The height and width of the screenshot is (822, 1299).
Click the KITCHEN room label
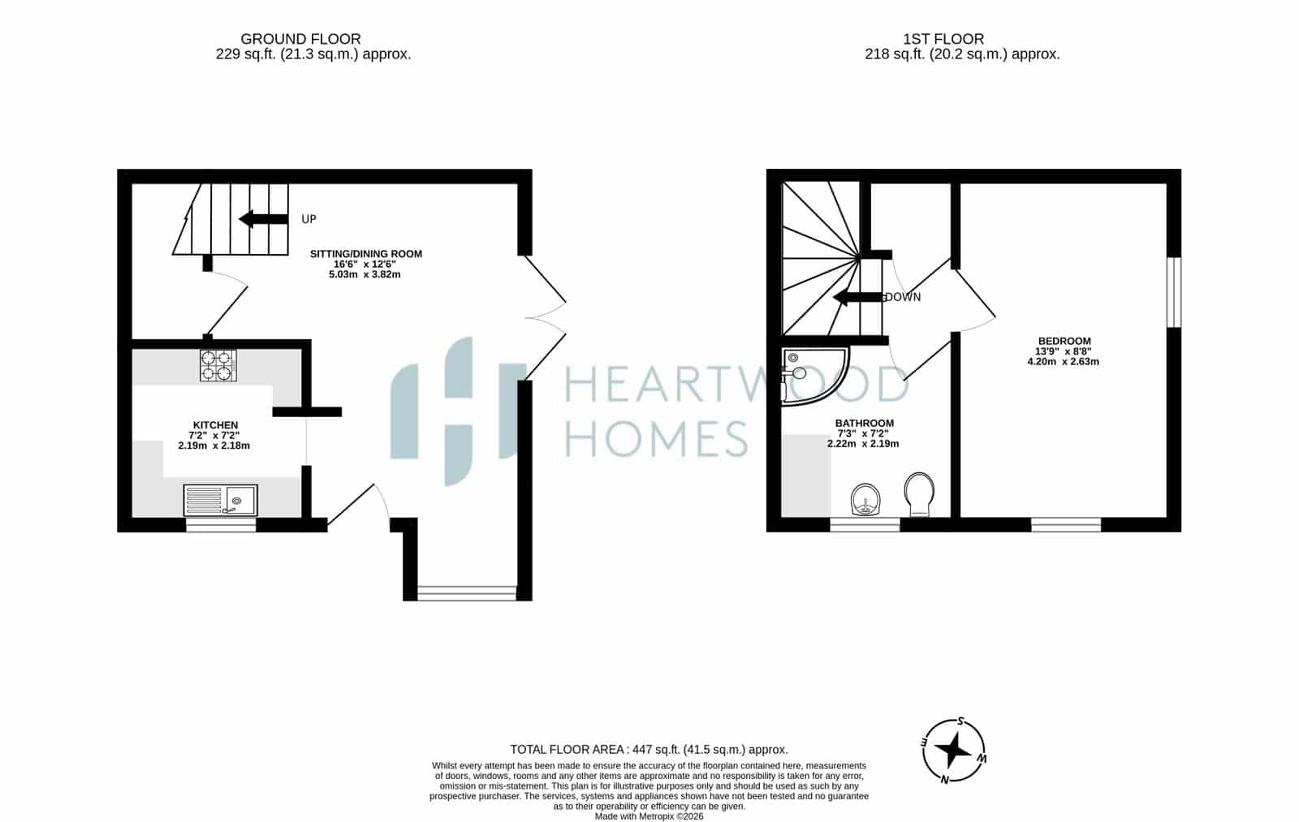pos(215,425)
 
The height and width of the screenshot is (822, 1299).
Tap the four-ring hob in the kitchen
pos(218,365)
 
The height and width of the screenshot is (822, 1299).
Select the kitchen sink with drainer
pos(220,501)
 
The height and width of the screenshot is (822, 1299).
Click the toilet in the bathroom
pos(919,494)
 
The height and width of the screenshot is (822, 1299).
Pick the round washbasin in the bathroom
pos(865,500)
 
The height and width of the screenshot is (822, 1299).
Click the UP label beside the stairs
pos(309,219)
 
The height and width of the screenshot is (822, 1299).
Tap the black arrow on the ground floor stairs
pos(263,219)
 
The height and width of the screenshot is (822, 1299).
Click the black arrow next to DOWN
pos(857,297)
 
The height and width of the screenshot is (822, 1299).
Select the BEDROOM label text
pos(1064,341)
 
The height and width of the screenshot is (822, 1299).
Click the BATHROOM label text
pos(864,424)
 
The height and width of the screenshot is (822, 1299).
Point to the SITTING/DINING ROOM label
pos(366,254)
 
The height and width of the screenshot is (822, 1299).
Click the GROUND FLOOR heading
pos(300,39)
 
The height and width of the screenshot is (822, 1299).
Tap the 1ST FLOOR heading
pos(943,39)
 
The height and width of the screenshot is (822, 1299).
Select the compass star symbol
pos(953,751)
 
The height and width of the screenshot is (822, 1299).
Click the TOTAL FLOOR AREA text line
pos(649,750)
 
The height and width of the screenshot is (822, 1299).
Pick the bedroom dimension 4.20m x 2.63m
pos(1063,362)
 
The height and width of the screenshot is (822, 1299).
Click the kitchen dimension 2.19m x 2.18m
pos(214,445)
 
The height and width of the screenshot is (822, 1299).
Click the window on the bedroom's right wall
pos(1174,292)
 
